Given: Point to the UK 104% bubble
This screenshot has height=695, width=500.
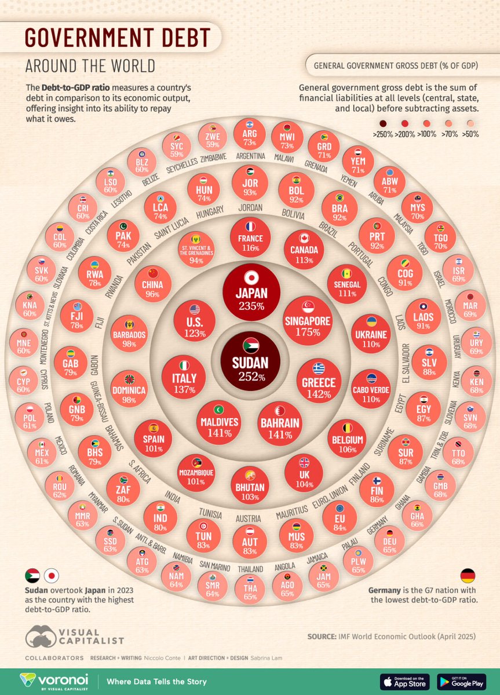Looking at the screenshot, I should point(304,472).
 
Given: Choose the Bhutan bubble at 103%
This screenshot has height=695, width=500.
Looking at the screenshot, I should point(250,485).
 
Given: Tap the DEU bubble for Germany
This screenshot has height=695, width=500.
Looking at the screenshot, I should point(389,540).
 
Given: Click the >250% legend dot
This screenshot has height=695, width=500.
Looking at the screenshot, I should point(383,123).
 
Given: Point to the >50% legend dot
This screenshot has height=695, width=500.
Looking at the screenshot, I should point(469,123).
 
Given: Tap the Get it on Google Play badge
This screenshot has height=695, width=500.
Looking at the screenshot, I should point(461,681).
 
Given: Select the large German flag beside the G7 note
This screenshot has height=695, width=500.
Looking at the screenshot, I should point(467,576).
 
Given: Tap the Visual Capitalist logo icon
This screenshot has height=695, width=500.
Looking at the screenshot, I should point(41,637).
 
